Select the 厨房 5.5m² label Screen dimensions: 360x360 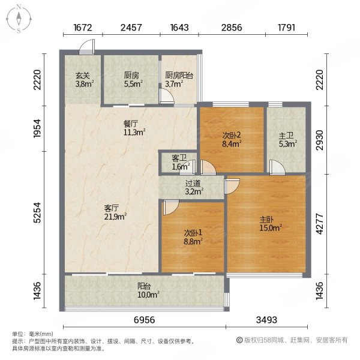(x=131, y=80)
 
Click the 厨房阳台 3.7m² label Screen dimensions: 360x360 (x=179, y=80)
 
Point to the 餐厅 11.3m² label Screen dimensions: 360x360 (x=134, y=127)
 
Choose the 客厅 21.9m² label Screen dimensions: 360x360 (x=113, y=211)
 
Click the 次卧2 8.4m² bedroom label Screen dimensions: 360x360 (x=231, y=139)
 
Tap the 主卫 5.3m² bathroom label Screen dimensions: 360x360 (x=287, y=139)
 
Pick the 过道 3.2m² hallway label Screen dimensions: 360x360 (x=193, y=188)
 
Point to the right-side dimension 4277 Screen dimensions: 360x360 (x=322, y=224)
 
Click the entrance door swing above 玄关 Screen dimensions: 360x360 (x=88, y=46)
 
